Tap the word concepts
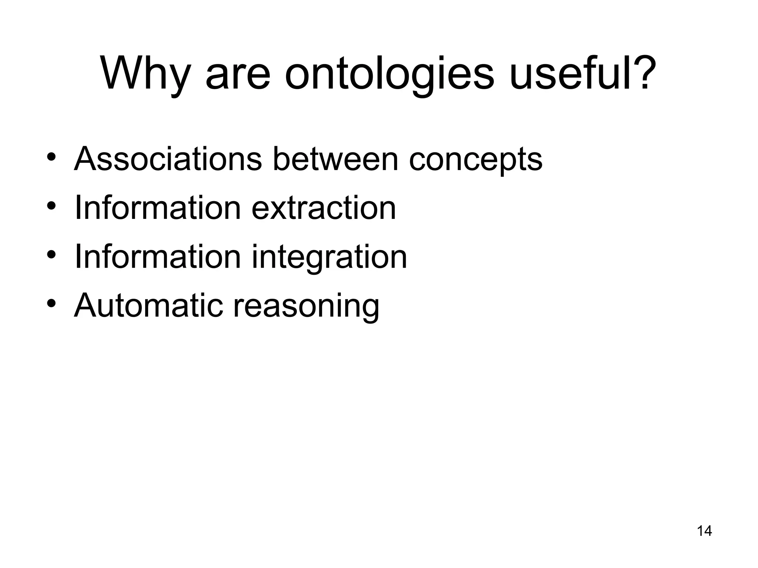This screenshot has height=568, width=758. point(476,161)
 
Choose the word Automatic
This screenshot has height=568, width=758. point(148,305)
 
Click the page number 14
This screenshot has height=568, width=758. point(704,531)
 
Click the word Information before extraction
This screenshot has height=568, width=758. point(158,208)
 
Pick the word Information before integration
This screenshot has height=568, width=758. point(158,257)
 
